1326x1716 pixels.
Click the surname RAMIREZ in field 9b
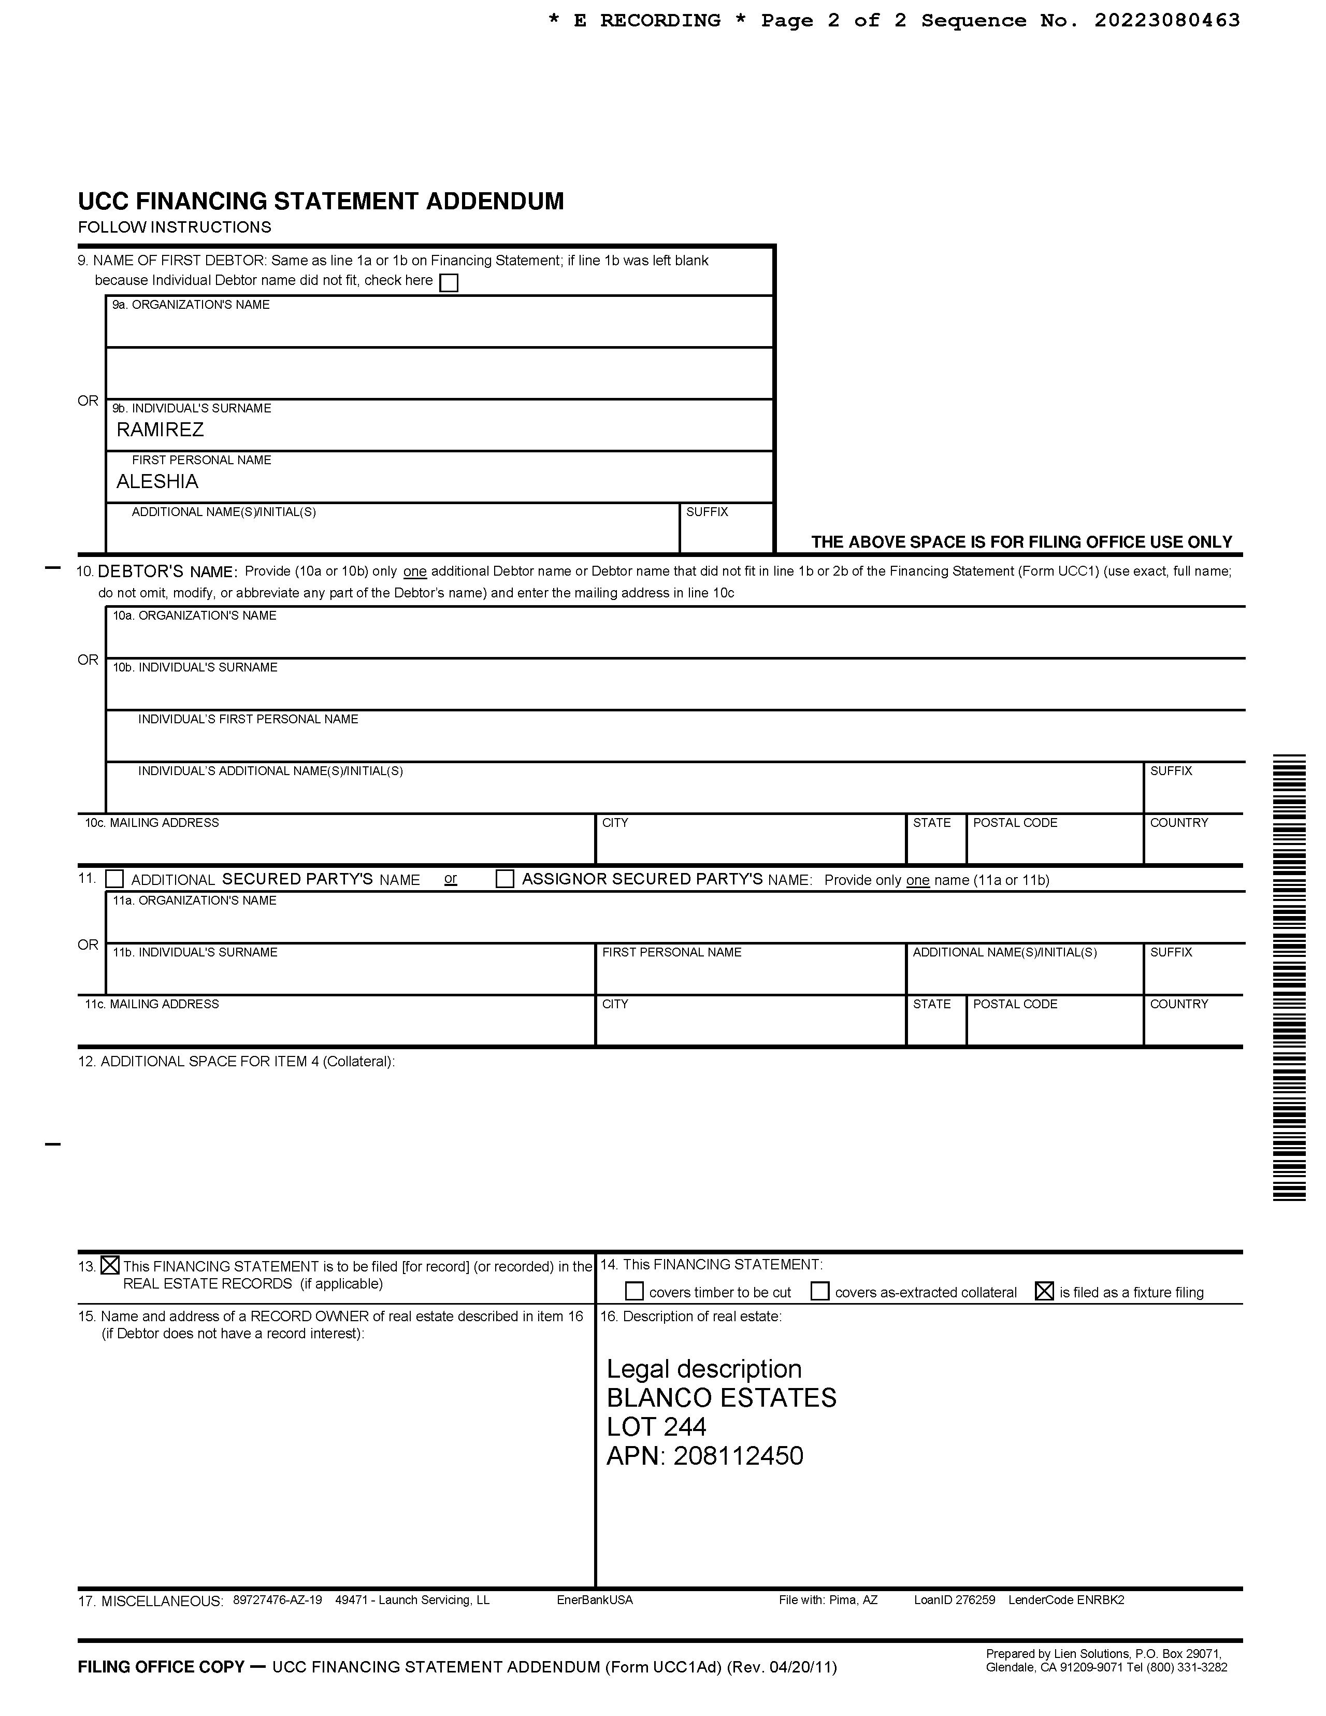[160, 430]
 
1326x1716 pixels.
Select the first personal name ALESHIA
[157, 482]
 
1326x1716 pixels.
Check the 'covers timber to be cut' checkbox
[634, 1291]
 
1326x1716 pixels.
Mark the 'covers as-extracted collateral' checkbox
[819, 1291]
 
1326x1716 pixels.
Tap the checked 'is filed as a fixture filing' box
[1044, 1291]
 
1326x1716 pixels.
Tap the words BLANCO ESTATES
[721, 1398]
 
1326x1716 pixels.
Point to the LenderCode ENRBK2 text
[1066, 1600]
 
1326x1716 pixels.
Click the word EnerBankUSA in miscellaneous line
[595, 1600]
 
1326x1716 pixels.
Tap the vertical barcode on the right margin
[1289, 978]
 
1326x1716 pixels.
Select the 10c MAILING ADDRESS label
[152, 823]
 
